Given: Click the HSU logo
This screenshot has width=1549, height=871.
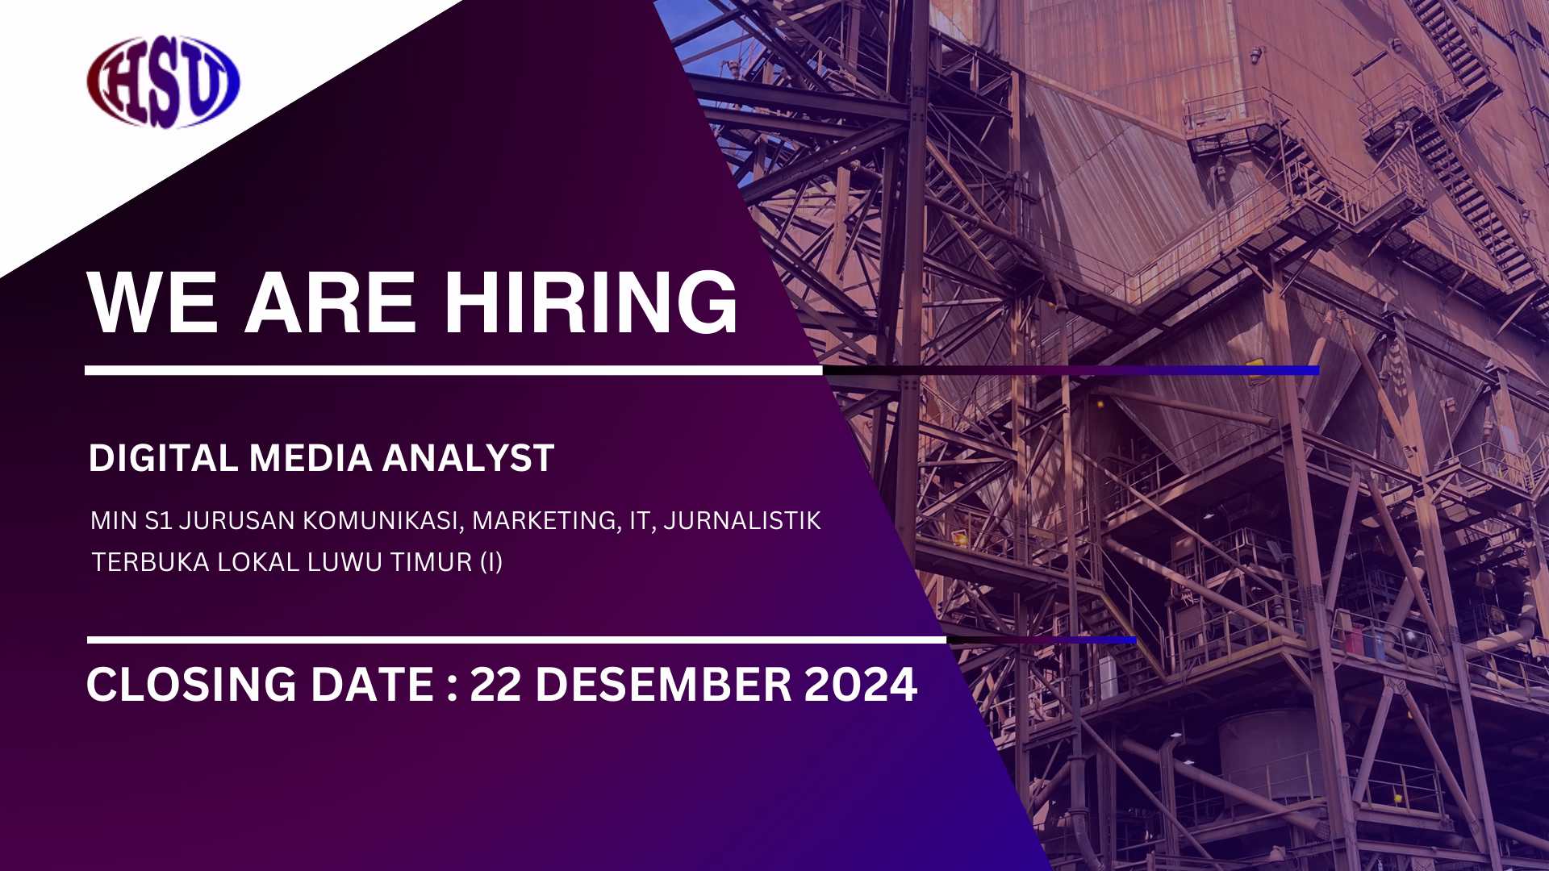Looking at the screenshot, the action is (x=164, y=83).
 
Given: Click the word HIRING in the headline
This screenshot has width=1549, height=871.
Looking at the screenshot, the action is (x=593, y=302).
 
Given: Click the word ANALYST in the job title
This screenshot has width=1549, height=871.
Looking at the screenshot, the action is (x=468, y=457).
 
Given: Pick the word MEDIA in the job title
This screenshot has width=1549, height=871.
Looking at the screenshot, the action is (x=311, y=457).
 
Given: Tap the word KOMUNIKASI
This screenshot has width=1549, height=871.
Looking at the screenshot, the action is (x=384, y=521).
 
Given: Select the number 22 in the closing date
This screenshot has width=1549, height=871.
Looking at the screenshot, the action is (x=494, y=685).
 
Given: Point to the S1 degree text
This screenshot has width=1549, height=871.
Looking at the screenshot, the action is (x=159, y=521).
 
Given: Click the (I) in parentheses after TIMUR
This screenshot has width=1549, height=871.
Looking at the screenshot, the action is (x=491, y=562).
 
